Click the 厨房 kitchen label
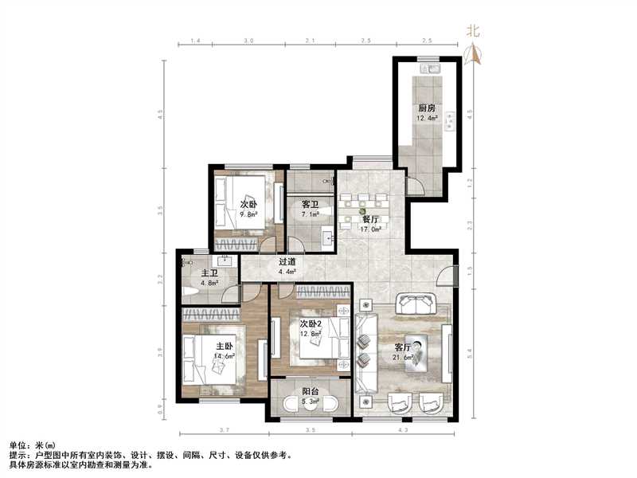(427, 108)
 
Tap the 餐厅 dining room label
(370, 219)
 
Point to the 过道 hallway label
(287, 261)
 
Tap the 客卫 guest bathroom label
(310, 204)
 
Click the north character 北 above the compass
(473, 32)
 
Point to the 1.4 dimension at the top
(196, 39)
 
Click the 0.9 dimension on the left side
(160, 409)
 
